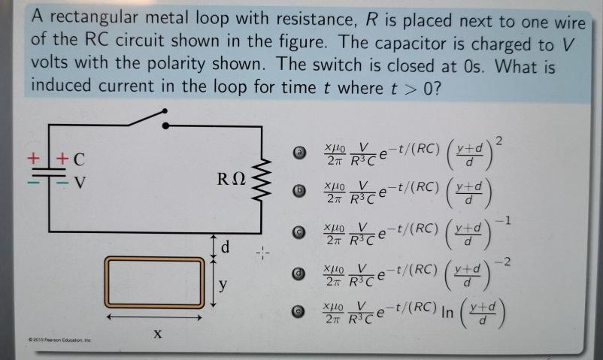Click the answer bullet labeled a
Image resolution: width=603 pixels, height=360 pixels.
[x=299, y=153]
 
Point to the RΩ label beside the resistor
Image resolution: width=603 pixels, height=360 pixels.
[x=231, y=180]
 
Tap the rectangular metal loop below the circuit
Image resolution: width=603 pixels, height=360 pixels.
[x=154, y=283]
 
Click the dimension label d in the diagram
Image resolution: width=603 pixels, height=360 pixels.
[x=225, y=246]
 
